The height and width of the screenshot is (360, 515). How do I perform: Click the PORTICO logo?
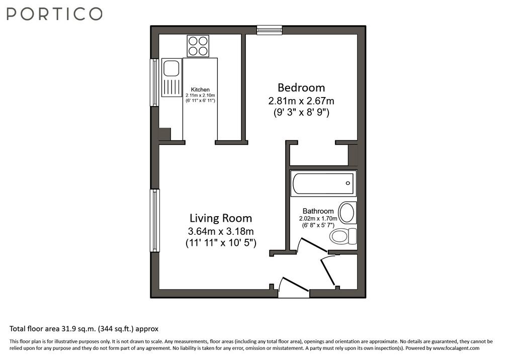tap(54, 14)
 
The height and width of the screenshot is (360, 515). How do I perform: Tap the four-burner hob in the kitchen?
tap(198, 46)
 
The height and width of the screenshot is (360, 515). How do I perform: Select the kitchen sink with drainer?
tap(172, 77)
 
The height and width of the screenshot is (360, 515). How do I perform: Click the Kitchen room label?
tap(200, 89)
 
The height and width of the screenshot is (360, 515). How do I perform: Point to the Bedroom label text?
tap(301, 87)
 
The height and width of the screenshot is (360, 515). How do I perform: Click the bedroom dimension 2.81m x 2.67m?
tap(301, 101)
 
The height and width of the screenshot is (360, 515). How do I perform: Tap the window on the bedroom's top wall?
tap(270, 30)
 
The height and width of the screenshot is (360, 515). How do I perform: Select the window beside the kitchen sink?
tap(154, 82)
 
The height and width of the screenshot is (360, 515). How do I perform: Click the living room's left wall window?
tap(155, 220)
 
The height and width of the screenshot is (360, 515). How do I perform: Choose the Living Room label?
tap(221, 218)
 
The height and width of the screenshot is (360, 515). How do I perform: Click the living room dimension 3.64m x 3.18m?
tap(221, 231)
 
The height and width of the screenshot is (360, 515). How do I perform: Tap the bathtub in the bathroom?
tap(323, 184)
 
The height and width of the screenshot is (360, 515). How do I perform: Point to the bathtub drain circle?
tap(348, 184)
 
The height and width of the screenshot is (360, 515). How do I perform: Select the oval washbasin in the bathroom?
tap(347, 213)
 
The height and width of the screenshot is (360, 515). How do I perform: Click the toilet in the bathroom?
tap(343, 236)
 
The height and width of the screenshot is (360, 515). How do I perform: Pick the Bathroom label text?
tap(318, 211)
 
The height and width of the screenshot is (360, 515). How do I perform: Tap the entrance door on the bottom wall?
tap(294, 285)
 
